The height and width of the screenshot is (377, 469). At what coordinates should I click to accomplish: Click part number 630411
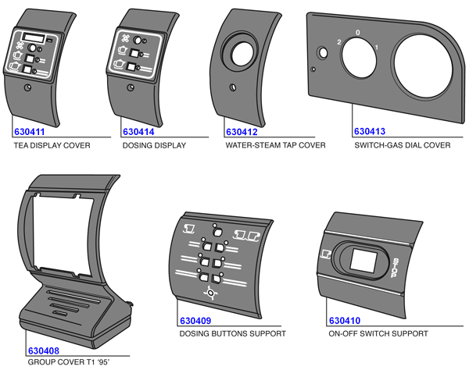click(32, 132)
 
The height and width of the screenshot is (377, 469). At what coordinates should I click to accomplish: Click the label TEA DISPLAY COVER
click(52, 146)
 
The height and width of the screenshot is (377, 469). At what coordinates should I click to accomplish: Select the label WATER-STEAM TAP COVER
click(275, 146)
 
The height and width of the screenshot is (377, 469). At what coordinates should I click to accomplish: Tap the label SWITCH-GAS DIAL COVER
click(402, 146)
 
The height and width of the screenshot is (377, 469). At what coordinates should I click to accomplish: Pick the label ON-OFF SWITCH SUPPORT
click(378, 334)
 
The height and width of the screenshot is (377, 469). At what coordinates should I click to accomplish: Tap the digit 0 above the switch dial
click(357, 33)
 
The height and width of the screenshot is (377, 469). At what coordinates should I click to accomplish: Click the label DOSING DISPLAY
click(154, 146)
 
